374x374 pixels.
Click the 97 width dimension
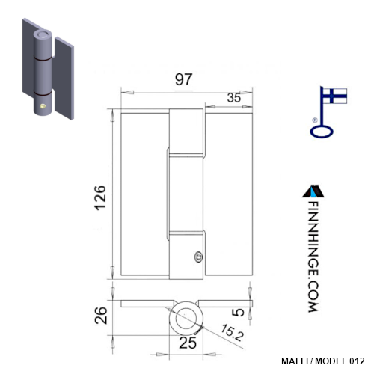[183, 79]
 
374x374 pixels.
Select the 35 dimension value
[234, 97]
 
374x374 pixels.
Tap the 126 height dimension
[100, 197]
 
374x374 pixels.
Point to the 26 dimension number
[101, 315]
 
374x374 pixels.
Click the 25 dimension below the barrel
[188, 343]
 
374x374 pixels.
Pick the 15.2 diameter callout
[232, 332]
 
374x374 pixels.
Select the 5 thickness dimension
[239, 312]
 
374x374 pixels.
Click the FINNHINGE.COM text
[313, 257]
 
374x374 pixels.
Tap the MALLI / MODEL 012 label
[323, 361]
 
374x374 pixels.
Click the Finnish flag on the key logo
[335, 96]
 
